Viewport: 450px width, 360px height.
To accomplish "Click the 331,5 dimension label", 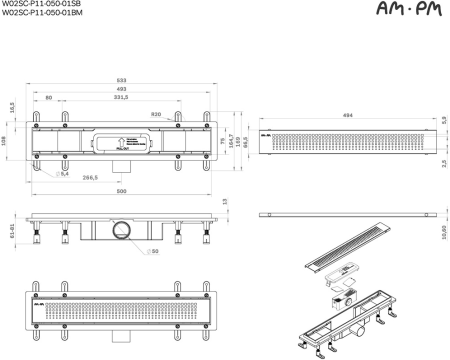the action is pyautogui.click(x=122, y=99).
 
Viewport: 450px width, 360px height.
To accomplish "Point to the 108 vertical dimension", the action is pyautogui.click(x=6, y=140).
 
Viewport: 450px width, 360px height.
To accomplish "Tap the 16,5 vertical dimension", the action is pyautogui.click(x=10, y=107).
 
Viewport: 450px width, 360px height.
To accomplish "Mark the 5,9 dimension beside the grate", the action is pyautogui.click(x=443, y=121).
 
